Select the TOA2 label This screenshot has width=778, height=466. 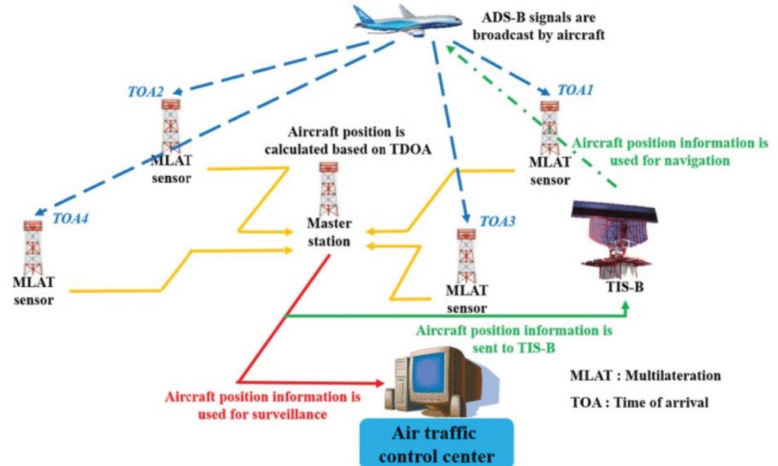point(145,91)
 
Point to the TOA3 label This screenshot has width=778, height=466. point(498,223)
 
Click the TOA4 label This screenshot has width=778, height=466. point(71,218)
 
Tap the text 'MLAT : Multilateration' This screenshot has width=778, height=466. point(645,376)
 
